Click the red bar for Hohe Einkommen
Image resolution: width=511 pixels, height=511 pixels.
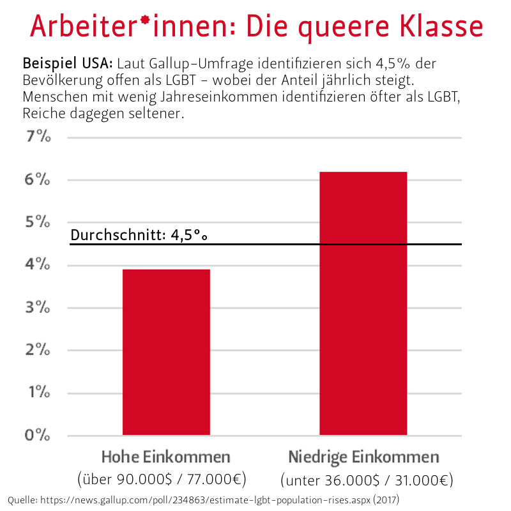tap(166, 352)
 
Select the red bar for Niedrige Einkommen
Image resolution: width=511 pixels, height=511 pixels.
tap(363, 303)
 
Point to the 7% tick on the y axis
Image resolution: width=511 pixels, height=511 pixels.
tap(38, 137)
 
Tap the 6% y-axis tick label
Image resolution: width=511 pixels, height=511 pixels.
tap(38, 180)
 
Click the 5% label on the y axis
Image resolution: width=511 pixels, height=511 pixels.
tap(38, 222)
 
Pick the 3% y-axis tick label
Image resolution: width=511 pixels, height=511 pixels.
tap(38, 308)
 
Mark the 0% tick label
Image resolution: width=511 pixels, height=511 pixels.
tap(38, 436)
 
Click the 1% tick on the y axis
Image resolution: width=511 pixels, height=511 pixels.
tap(38, 393)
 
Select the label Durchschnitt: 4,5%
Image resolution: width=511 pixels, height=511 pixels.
tap(139, 235)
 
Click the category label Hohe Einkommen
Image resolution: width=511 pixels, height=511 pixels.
tap(166, 457)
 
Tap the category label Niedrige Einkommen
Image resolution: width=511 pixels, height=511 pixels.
tap(363, 457)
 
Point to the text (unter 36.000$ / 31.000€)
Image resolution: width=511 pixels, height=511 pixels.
tap(367, 480)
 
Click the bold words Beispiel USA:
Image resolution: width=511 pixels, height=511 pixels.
tap(68, 65)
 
